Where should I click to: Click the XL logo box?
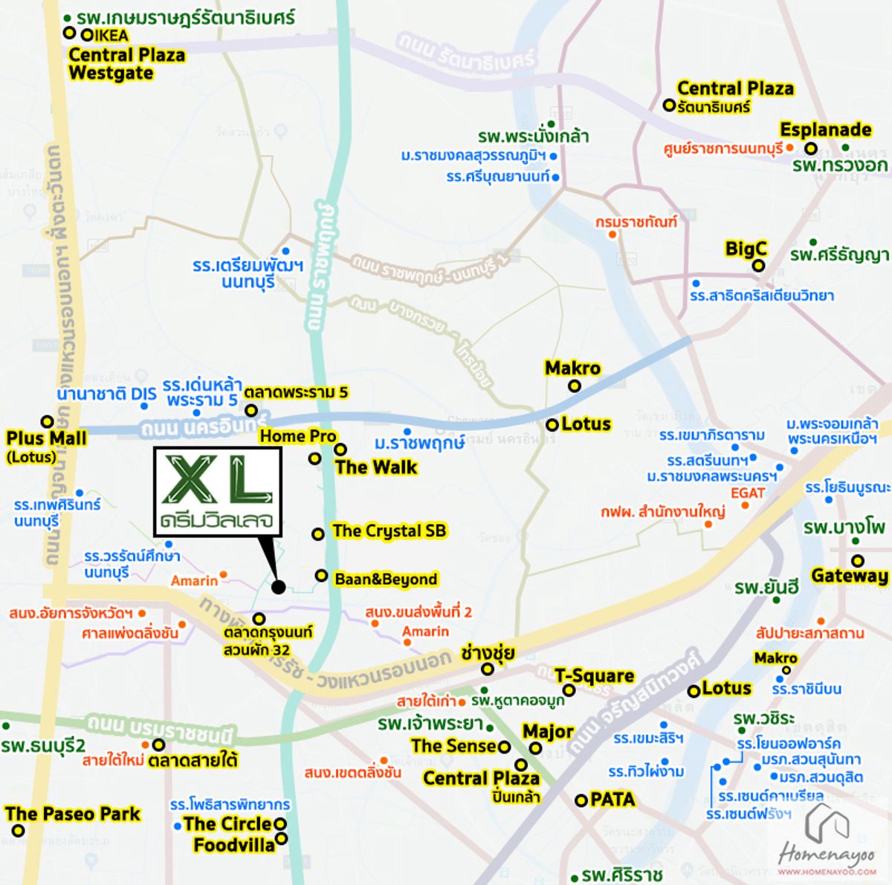[x=217, y=491]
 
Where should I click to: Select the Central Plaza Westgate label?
[x=126, y=64]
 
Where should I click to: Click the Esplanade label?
[x=825, y=129]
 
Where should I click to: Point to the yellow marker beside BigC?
[x=758, y=266]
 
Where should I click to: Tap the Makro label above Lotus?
[x=572, y=368]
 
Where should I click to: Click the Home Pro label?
[x=298, y=436]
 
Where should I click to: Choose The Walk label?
[x=376, y=467]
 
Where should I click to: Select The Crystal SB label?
[x=389, y=531]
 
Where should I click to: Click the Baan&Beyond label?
[x=386, y=579]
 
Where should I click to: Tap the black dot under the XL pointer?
[x=278, y=587]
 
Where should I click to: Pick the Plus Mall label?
[x=46, y=438]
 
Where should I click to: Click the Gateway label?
[x=850, y=576]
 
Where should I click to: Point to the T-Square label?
[x=594, y=676]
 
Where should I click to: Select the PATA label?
[x=613, y=800]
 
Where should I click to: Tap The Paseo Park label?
[x=73, y=814]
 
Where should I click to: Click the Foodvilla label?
[x=233, y=845]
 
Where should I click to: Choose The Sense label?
[x=454, y=745]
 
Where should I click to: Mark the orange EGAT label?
[x=748, y=493]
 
